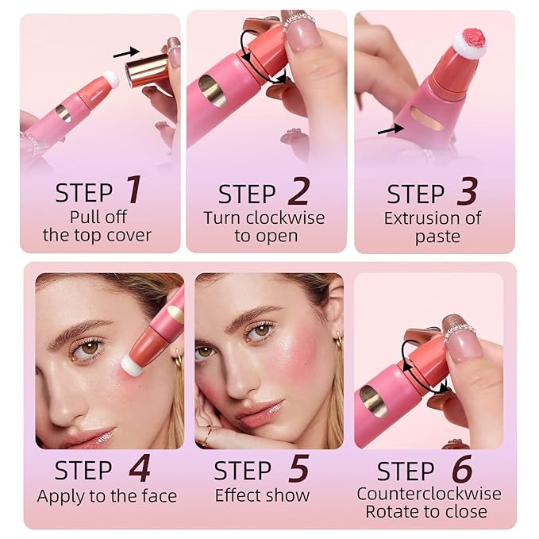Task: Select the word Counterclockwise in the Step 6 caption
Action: coord(429,494)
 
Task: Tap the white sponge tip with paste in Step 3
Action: coord(470,43)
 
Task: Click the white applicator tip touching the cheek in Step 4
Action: coord(131,366)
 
